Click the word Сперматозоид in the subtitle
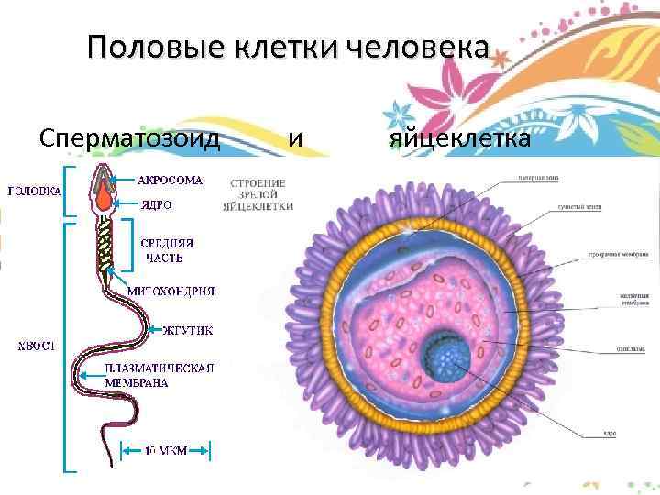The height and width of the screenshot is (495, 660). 130,139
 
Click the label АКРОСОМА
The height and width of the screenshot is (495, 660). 170,180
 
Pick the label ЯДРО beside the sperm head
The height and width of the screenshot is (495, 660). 157,204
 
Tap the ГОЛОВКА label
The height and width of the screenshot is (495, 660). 35,192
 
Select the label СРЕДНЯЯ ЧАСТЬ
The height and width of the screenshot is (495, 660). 167,250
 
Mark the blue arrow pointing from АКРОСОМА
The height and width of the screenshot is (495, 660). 125,180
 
